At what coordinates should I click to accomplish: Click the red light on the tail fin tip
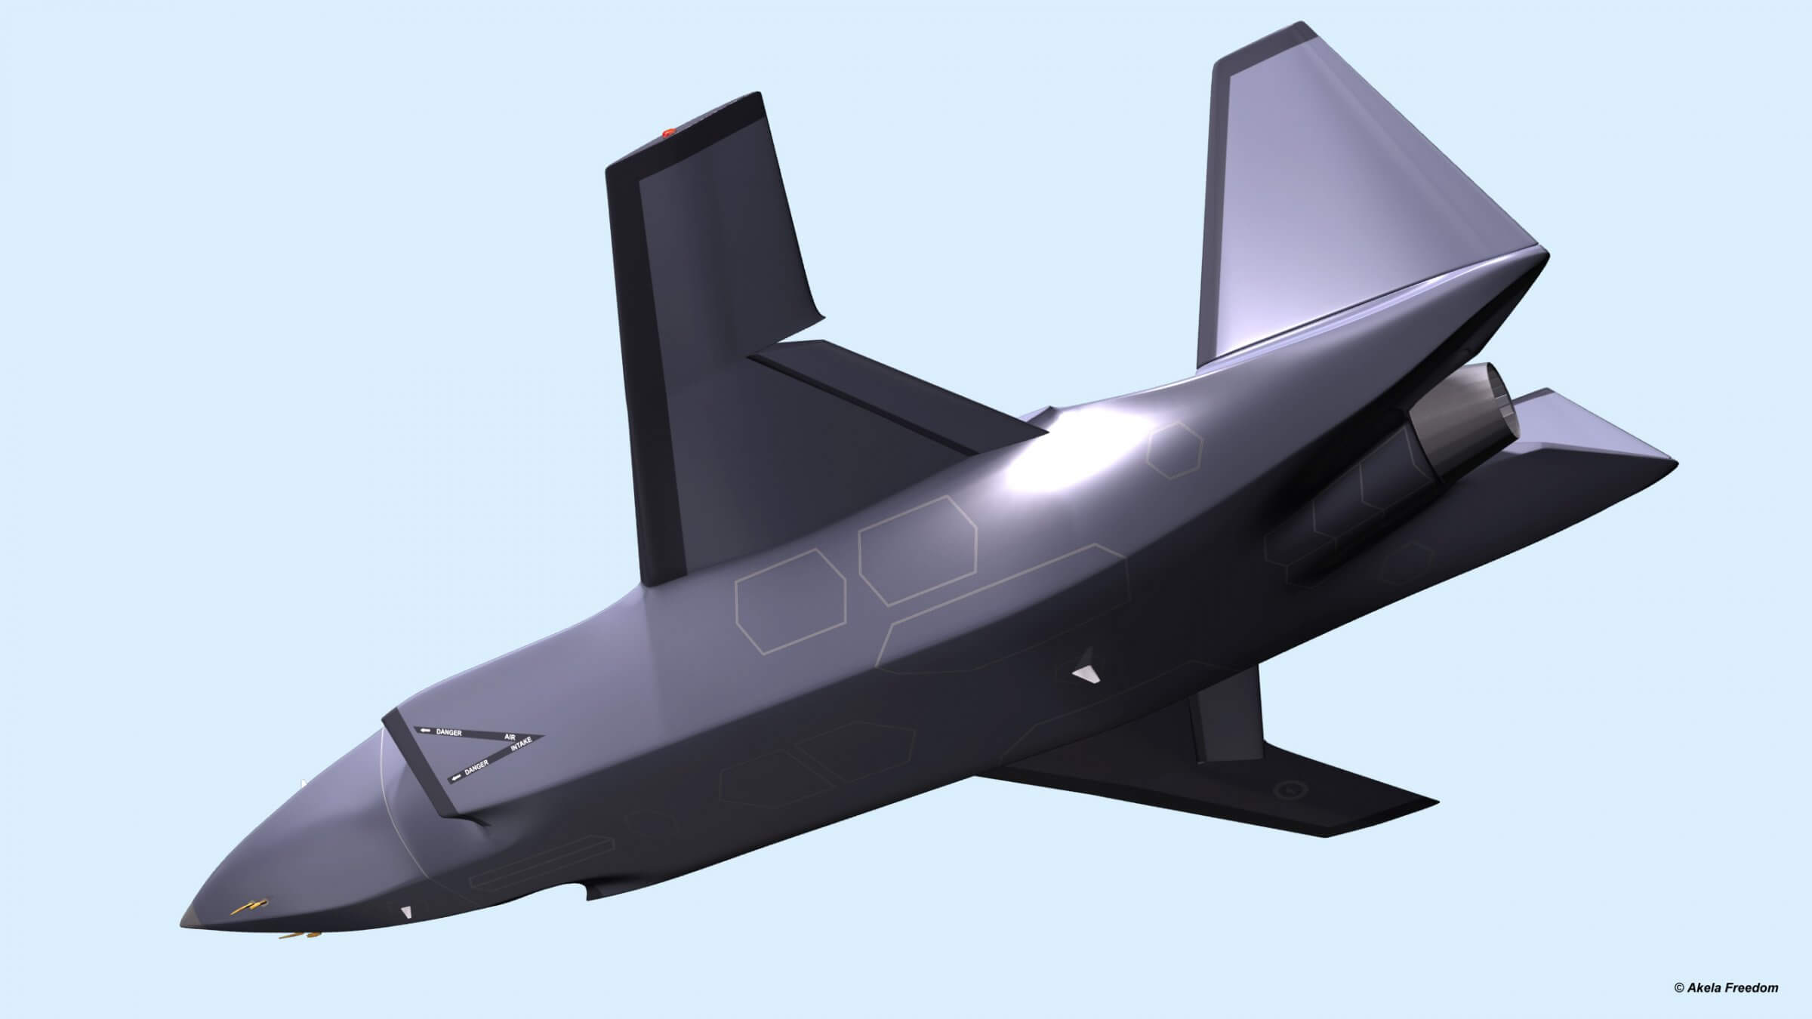point(667,133)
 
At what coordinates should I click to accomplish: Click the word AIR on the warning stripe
point(509,737)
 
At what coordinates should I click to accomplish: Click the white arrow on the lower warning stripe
point(455,777)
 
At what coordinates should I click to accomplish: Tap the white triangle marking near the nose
point(407,913)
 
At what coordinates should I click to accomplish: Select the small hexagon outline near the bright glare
point(1173,450)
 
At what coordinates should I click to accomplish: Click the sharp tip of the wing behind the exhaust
point(1675,462)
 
